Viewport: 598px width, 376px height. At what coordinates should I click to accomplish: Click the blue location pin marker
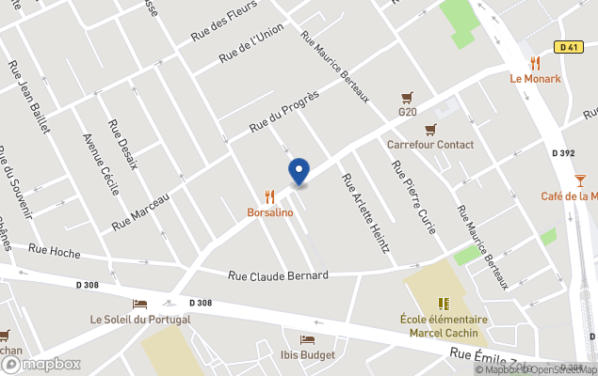click(x=299, y=172)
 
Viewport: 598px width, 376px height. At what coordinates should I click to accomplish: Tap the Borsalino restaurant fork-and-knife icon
click(x=270, y=196)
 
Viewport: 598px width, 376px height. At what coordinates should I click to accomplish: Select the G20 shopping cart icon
click(x=407, y=97)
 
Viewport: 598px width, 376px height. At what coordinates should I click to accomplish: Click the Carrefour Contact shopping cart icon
click(x=430, y=129)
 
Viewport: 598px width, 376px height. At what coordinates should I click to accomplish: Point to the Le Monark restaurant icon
click(x=535, y=63)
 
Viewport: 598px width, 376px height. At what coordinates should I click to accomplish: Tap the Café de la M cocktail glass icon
click(x=580, y=180)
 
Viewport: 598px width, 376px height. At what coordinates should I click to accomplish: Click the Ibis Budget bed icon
click(x=307, y=339)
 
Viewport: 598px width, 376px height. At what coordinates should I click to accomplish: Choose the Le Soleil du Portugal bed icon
click(x=140, y=304)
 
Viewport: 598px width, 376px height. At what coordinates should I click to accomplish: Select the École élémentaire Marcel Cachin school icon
click(x=444, y=304)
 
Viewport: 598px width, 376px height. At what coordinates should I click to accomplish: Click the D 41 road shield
click(x=567, y=47)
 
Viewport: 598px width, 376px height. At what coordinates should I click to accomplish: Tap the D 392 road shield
click(x=563, y=153)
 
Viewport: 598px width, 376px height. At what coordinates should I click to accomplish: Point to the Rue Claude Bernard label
click(x=279, y=275)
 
